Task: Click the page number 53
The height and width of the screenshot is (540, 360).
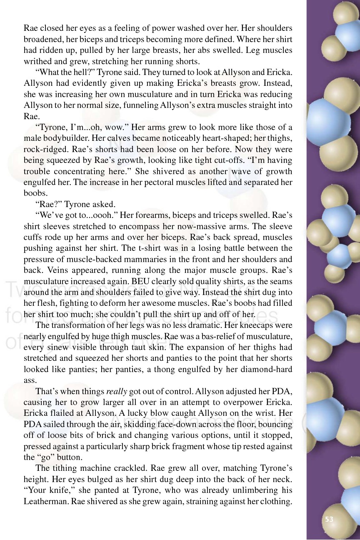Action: click(x=329, y=519)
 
